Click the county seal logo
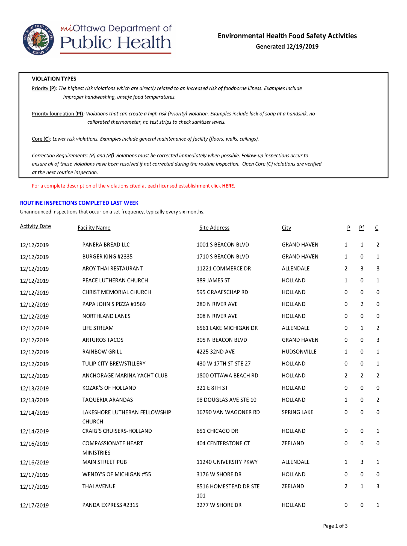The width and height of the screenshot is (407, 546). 38,40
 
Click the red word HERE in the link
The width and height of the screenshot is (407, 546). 228,186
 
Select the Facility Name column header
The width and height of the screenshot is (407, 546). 94,228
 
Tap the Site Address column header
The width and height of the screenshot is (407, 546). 214,228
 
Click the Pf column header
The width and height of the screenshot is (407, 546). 361,228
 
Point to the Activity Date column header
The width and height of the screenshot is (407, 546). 35,226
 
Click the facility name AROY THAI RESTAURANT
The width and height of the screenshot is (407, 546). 112,269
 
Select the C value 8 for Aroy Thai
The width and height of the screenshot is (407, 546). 378,269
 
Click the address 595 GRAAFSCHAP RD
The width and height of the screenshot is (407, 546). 222,292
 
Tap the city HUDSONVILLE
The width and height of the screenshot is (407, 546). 299,352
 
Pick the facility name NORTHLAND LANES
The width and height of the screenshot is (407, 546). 106,316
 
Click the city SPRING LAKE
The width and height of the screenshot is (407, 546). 297,412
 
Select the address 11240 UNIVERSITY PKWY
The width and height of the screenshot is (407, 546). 227,462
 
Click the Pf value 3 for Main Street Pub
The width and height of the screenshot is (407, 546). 362,462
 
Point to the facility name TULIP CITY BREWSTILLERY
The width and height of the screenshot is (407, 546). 114,364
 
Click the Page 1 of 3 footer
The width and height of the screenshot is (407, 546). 335,526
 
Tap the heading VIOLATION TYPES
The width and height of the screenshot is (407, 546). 54,79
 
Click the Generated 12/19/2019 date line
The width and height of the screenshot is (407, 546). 287,47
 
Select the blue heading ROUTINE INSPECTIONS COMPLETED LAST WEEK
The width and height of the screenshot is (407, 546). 79,203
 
